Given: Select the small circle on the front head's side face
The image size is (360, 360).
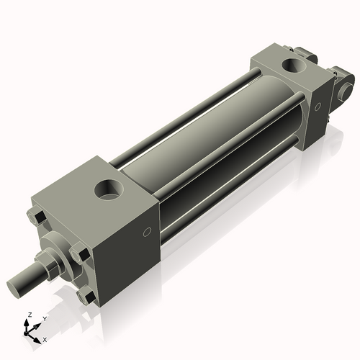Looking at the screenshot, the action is click(x=147, y=232).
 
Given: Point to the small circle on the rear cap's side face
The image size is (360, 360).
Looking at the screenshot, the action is click(x=318, y=107).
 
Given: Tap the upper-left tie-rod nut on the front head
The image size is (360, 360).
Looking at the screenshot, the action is click(x=37, y=218).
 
